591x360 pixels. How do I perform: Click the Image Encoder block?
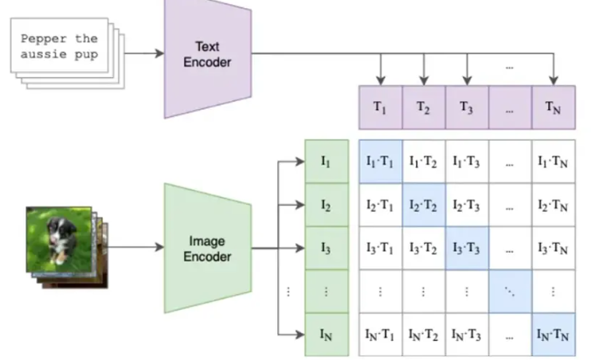click(x=208, y=248)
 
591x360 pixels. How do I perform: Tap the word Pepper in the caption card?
click(x=38, y=39)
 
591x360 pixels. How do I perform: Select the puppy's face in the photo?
click(x=60, y=229)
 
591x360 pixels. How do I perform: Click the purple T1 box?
click(x=380, y=108)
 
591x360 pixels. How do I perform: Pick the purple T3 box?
click(x=467, y=108)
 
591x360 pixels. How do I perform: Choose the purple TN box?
click(x=554, y=108)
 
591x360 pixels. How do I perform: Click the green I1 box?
click(x=327, y=162)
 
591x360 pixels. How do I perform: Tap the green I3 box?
click(x=327, y=248)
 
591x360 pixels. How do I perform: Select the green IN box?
click(x=327, y=335)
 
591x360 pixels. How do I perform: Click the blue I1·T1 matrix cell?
click(x=380, y=162)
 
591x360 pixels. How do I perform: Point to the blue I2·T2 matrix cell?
click(x=424, y=205)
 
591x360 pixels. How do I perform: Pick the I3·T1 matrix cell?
click(x=380, y=248)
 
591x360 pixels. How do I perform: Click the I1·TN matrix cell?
click(x=554, y=162)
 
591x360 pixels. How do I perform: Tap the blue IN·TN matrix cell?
click(x=554, y=335)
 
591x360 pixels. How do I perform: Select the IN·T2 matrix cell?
click(x=424, y=335)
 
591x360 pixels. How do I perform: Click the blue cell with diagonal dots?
click(x=511, y=292)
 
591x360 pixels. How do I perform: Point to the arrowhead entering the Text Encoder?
click(x=160, y=53)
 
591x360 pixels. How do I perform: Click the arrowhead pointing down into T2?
click(x=424, y=80)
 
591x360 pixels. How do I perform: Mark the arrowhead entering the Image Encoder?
click(x=160, y=247)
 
